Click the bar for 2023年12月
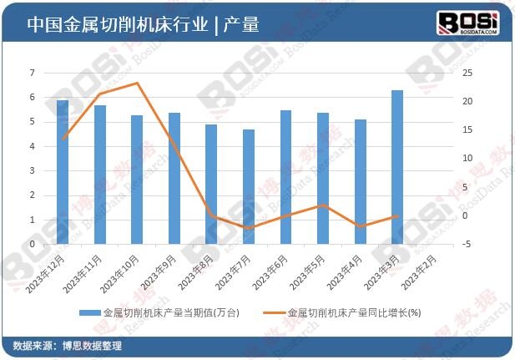point(63,172)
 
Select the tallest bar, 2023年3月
point(397,167)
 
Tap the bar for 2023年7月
point(249,187)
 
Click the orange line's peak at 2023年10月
point(137,83)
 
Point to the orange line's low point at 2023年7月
point(249,228)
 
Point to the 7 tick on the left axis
point(33,73)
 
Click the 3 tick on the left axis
point(33,171)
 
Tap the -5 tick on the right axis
point(468,245)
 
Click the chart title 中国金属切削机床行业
point(117,25)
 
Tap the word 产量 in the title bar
point(242,25)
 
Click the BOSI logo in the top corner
point(468,23)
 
